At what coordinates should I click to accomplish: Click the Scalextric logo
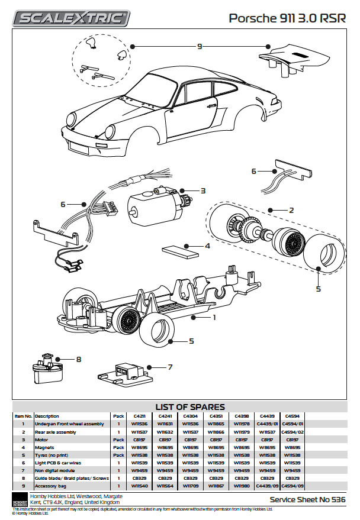click(72, 19)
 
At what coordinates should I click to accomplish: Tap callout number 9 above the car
click(200, 46)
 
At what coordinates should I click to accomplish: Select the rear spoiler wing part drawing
click(296, 59)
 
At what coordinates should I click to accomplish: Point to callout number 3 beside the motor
click(202, 190)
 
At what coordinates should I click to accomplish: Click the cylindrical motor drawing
click(151, 206)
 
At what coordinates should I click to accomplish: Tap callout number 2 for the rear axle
click(291, 210)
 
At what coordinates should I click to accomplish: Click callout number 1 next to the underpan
click(214, 317)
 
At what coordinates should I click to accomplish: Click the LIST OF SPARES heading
click(189, 406)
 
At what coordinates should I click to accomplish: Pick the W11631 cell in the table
click(165, 424)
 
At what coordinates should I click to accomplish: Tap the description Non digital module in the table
click(56, 471)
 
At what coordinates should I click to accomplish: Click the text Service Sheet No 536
click(307, 500)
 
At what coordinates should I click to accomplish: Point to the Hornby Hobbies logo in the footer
click(20, 499)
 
